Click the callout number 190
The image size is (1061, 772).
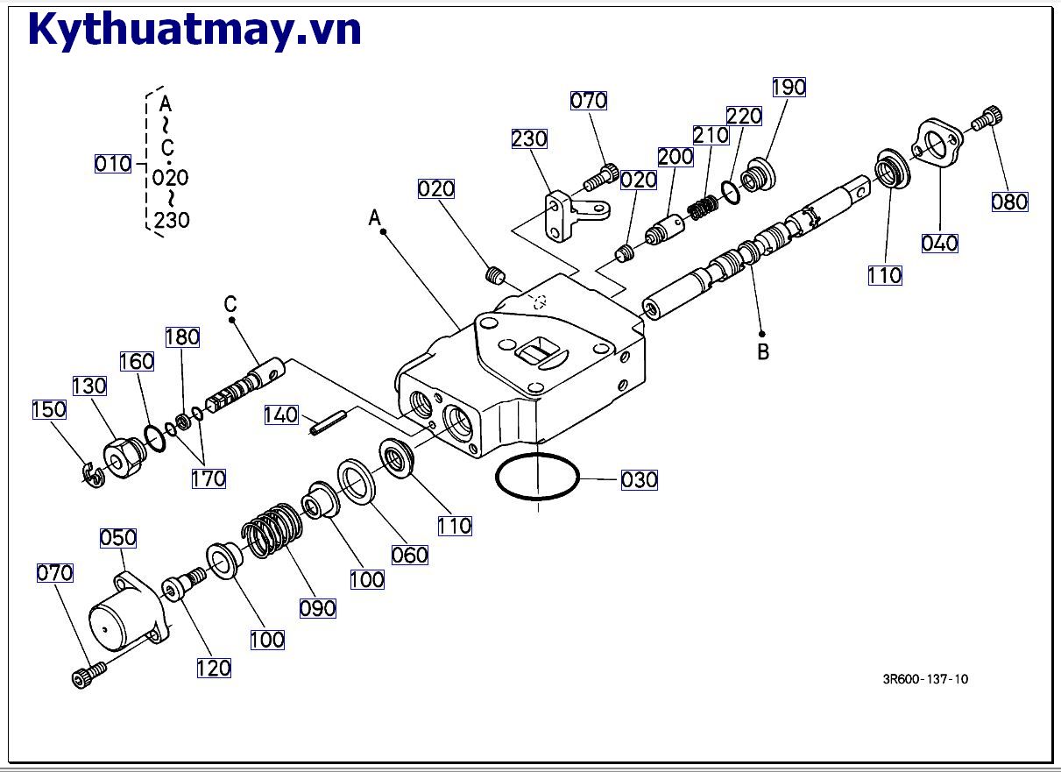pyautogui.click(x=789, y=87)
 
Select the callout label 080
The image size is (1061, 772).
pyautogui.click(x=1010, y=202)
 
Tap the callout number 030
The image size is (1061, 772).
pyautogui.click(x=640, y=480)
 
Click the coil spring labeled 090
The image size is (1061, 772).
pyautogui.click(x=272, y=530)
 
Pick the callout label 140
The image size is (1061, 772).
pyautogui.click(x=281, y=414)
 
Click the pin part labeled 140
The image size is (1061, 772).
pyautogui.click(x=329, y=422)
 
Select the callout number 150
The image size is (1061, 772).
pyautogui.click(x=49, y=410)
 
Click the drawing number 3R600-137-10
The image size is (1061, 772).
pyautogui.click(x=925, y=679)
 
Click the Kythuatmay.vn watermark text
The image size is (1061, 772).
pyautogui.click(x=195, y=30)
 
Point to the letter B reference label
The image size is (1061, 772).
pyautogui.click(x=763, y=352)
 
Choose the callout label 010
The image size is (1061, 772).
pyautogui.click(x=113, y=164)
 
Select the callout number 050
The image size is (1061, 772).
pyautogui.click(x=118, y=538)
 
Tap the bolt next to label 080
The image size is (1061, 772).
pyautogui.click(x=987, y=118)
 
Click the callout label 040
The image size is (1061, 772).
pyautogui.click(x=940, y=244)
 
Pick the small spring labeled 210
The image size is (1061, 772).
pyautogui.click(x=703, y=209)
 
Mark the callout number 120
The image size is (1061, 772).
pyautogui.click(x=214, y=669)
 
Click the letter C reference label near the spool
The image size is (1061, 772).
pyautogui.click(x=230, y=303)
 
